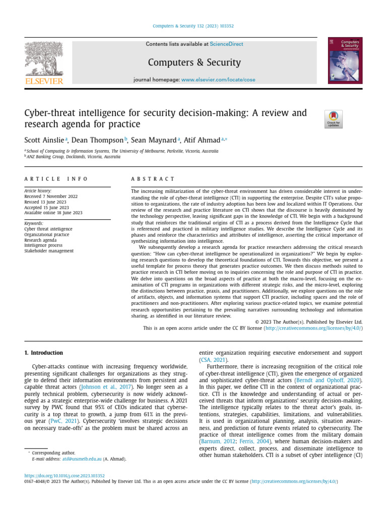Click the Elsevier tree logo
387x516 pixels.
coord(43,59)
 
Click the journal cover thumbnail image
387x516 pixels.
coord(345,60)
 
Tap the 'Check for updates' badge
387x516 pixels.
coord(334,119)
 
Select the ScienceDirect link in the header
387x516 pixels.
coord(226,44)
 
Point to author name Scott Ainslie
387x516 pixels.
coord(44,140)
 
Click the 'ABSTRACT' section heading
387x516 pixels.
coord(153,179)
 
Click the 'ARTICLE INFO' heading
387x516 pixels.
coord(56,179)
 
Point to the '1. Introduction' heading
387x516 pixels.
coord(44,353)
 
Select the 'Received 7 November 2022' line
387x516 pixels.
coord(51,197)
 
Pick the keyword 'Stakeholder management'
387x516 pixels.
coord(49,251)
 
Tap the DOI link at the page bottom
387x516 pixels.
coord(64,475)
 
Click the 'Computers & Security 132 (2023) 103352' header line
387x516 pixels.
coord(193,27)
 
